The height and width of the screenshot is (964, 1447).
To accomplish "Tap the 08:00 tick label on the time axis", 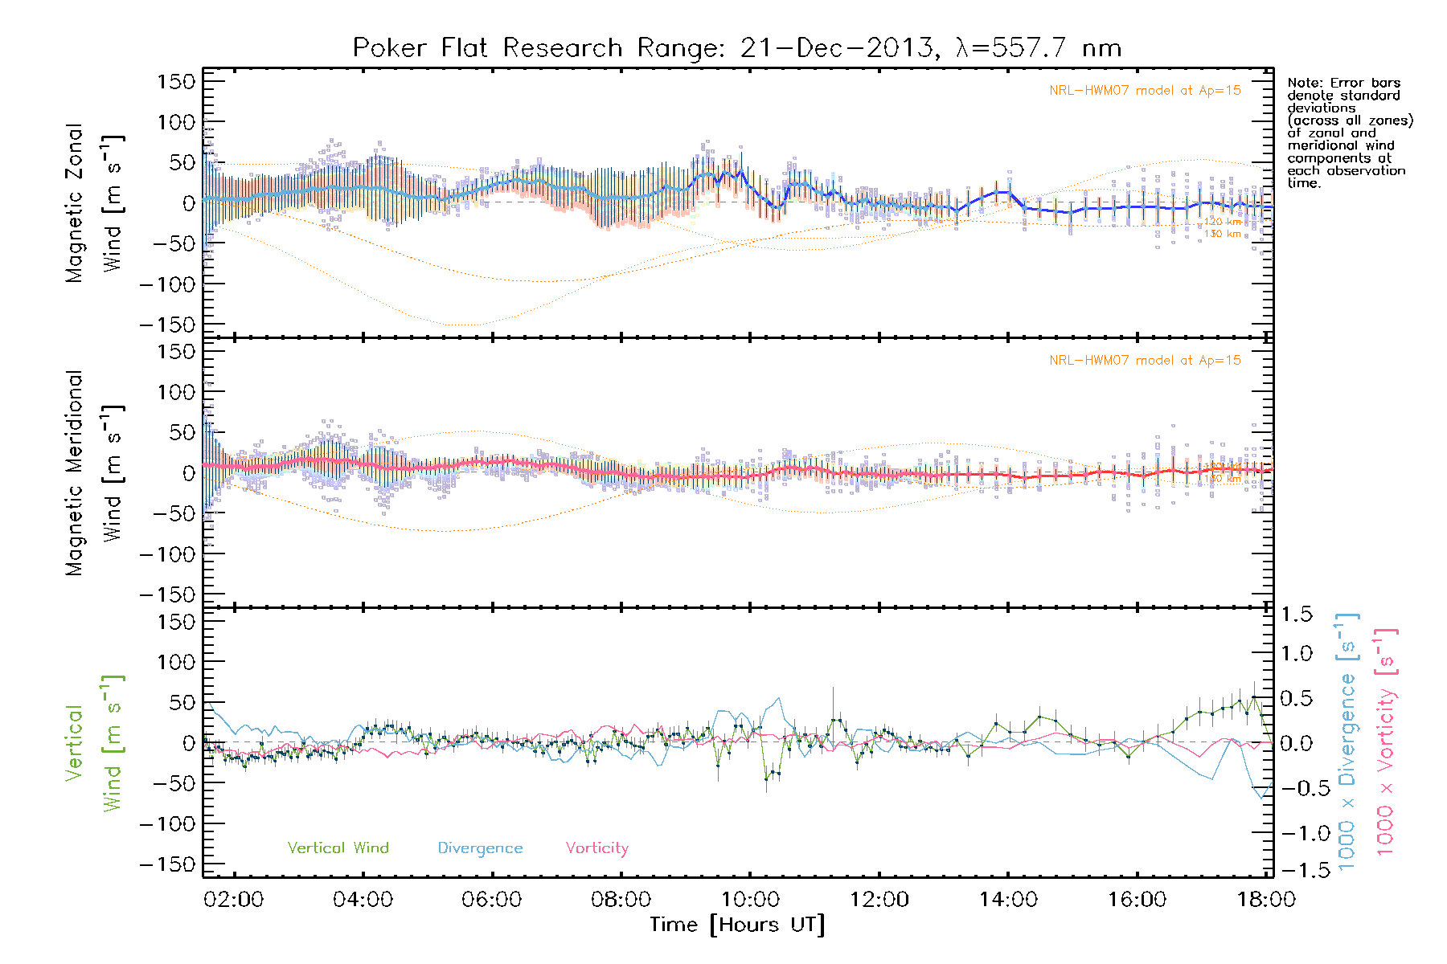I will pos(621,900).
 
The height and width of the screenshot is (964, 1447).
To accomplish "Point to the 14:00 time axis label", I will pos(1008,900).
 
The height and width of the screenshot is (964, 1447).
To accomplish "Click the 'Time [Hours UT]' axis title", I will pos(737,925).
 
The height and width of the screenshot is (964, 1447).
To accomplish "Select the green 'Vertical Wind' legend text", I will pos(338,848).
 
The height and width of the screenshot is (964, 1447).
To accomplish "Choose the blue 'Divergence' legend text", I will pos(480,848).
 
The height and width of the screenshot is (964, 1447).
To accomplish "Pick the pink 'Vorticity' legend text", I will pos(596,848).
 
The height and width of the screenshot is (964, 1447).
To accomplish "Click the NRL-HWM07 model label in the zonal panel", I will pos(1145,91).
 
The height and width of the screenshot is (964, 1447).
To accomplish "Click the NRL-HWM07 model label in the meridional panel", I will pos(1145,361).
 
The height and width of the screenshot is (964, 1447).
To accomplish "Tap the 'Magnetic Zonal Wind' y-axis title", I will pos(95,202).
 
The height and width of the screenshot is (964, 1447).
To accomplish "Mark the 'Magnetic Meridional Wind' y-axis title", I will pos(95,472).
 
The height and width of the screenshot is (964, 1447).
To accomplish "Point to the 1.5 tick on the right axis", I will pos(1297,615).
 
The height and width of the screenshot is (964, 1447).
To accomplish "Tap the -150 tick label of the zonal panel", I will pos(167,325).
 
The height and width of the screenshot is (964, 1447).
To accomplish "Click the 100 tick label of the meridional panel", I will pos(176,392).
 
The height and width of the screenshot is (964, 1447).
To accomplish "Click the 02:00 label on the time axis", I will pos(233,900).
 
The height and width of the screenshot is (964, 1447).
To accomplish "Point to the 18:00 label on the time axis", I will pos(1266,900).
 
